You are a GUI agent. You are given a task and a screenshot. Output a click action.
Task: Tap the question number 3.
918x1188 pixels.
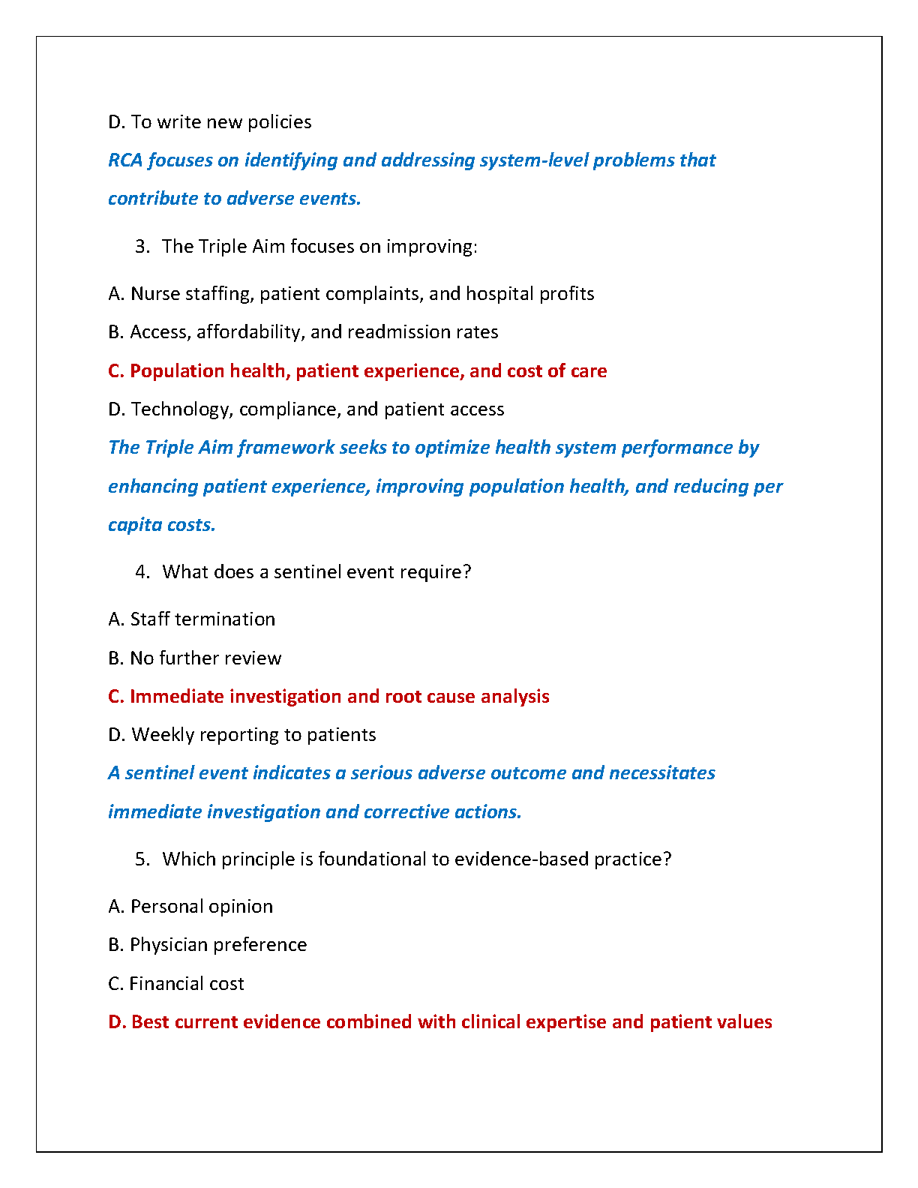point(142,247)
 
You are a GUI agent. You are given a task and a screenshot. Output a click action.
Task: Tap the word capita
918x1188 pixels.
point(132,525)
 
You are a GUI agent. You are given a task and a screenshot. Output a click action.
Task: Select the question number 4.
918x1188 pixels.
point(142,572)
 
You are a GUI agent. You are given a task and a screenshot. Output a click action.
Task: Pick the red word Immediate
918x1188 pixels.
point(177,697)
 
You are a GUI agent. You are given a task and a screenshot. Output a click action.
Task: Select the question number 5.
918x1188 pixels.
point(142,859)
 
